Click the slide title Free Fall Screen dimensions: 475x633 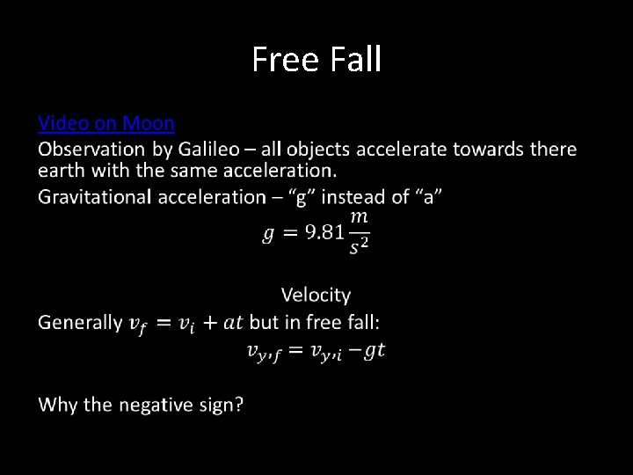click(x=316, y=59)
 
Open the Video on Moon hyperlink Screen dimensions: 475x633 click(x=106, y=122)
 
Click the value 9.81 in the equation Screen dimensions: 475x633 click(x=324, y=232)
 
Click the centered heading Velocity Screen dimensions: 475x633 click(x=316, y=296)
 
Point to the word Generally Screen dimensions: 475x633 click(x=80, y=323)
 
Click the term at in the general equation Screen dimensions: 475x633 click(x=234, y=323)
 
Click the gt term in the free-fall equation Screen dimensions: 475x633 click(x=375, y=351)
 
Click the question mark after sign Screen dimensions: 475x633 click(x=238, y=405)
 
